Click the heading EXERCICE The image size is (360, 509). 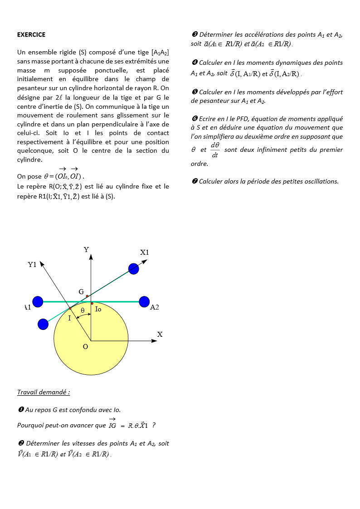pyautogui.click(x=31, y=34)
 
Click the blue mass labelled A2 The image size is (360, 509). pyautogui.click(x=144, y=301)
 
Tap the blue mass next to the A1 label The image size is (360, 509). pyautogui.click(x=38, y=301)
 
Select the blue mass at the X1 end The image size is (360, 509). pyautogui.click(x=134, y=269)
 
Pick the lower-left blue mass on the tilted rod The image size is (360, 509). pyautogui.click(x=43, y=324)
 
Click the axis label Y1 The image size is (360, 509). pyautogui.click(x=32, y=265)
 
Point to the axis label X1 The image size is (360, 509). pyautogui.click(x=145, y=252)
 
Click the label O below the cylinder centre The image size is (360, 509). pyautogui.click(x=85, y=347)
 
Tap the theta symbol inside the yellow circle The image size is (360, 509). pyautogui.click(x=83, y=310)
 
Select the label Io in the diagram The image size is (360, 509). pyautogui.click(x=98, y=309)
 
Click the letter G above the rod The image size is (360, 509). pyautogui.click(x=81, y=292)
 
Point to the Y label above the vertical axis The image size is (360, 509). pyautogui.click(x=86, y=250)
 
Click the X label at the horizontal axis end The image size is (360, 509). pyautogui.click(x=160, y=334)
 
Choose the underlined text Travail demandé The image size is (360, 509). pyautogui.click(x=44, y=392)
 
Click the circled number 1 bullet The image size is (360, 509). pyautogui.click(x=21, y=410)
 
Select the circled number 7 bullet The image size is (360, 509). pyautogui.click(x=195, y=181)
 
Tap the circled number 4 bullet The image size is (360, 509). pyautogui.click(x=195, y=63)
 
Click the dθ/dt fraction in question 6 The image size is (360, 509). pyautogui.click(x=215, y=150)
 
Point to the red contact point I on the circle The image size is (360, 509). pyautogui.click(x=70, y=308)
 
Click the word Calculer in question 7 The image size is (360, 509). pyautogui.click(x=210, y=181)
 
